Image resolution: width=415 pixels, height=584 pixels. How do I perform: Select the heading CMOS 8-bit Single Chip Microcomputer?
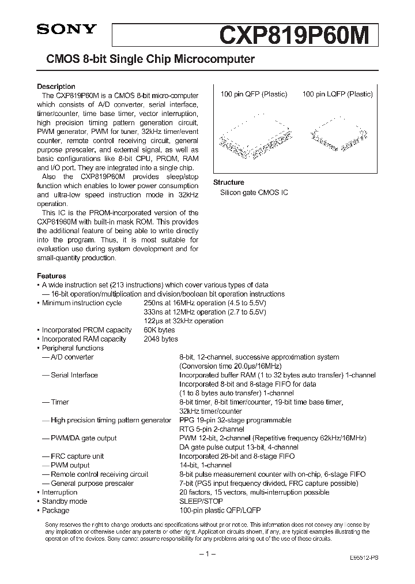[146, 59]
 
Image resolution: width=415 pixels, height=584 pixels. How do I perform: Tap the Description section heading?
[56, 87]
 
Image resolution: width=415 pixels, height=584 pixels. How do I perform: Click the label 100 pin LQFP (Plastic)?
[337, 94]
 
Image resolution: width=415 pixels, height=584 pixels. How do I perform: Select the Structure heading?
[229, 182]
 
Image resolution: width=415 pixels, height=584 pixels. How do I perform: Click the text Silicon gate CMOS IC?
[254, 192]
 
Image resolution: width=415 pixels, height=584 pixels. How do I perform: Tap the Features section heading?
[51, 276]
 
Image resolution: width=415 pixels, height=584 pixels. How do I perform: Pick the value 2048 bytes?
[161, 339]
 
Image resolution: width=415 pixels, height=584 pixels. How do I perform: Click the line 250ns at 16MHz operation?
[205, 303]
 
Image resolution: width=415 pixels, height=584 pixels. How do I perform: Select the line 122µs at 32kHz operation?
[183, 321]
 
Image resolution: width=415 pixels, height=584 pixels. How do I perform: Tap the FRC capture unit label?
[77, 456]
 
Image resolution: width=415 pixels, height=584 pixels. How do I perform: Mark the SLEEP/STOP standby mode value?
[201, 501]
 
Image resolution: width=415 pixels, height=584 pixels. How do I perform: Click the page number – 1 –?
[207, 554]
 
